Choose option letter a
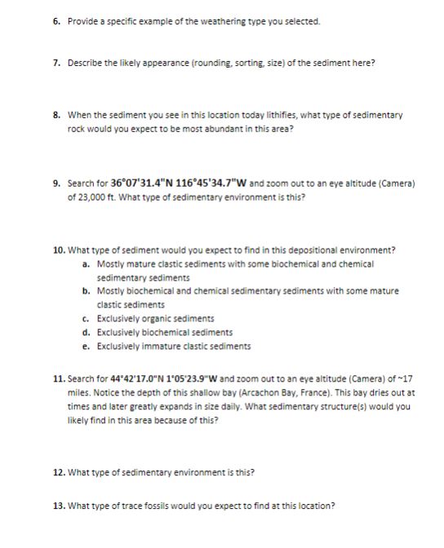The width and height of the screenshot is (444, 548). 86,264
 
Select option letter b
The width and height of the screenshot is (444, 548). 86,291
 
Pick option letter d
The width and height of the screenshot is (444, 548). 86,332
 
